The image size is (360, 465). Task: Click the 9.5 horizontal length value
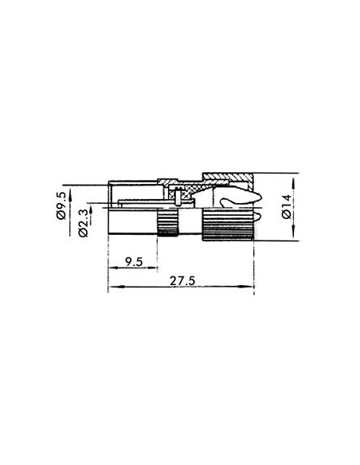(x=135, y=260)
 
